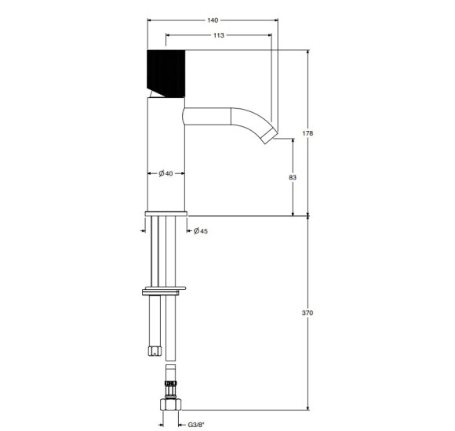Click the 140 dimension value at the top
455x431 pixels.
tap(213, 20)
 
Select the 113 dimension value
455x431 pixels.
tap(219, 35)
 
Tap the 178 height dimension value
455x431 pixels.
tap(308, 133)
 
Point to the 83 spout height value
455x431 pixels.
tap(293, 177)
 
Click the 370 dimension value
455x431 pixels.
tap(308, 313)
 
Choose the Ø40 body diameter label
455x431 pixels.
tap(166, 173)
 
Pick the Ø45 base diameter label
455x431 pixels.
tap(201, 231)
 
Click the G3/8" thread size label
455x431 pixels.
tap(196, 425)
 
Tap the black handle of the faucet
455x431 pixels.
tap(166, 74)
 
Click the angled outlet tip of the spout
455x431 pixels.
tap(270, 136)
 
